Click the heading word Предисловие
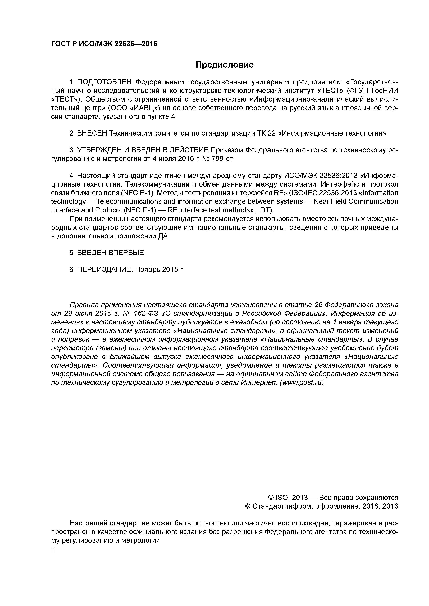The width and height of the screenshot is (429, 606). (x=224, y=65)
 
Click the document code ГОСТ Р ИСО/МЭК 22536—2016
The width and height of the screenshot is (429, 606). (x=104, y=44)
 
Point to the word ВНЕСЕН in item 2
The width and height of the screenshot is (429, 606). (x=92, y=134)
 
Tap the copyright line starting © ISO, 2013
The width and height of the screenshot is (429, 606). (x=333, y=498)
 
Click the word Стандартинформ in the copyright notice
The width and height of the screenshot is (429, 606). (x=281, y=506)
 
